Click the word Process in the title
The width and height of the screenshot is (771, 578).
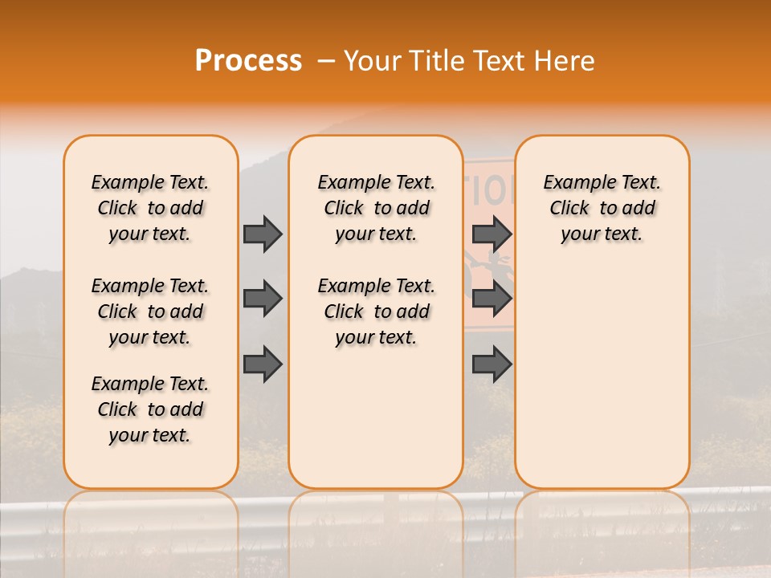[x=248, y=61]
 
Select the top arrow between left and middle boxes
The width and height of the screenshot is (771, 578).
[x=263, y=234]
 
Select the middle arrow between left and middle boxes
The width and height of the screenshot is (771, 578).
[x=263, y=299]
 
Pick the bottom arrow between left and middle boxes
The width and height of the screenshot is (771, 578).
[x=263, y=364]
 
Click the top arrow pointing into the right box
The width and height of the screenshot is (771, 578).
[x=492, y=234]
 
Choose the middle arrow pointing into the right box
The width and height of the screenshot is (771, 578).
[x=492, y=299]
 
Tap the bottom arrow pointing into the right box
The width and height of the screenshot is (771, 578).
[x=492, y=364]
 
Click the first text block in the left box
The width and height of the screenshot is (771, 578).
[x=150, y=208]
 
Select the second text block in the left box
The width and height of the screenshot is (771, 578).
[x=150, y=311]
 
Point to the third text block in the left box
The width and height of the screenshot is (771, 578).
[x=150, y=409]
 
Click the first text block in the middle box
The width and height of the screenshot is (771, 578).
[x=376, y=208]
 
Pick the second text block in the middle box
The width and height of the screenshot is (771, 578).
[x=376, y=311]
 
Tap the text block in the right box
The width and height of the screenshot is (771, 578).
[x=602, y=208]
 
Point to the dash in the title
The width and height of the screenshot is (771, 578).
[x=326, y=61]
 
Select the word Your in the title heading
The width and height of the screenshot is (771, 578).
[x=371, y=61]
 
